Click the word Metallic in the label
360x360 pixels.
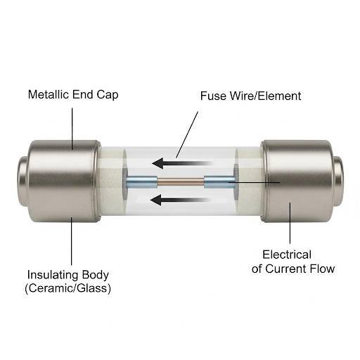point(49,94)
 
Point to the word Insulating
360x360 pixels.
point(51,275)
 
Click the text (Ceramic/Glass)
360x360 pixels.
point(67,288)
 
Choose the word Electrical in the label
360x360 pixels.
point(287,255)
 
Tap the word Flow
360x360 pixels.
point(322,269)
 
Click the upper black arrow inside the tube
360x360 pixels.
point(183,163)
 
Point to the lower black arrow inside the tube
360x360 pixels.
point(180,200)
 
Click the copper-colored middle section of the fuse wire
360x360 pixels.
point(181,182)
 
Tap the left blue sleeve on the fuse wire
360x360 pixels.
point(141,182)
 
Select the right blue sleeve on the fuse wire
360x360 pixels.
point(219,182)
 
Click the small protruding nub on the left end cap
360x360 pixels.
point(22,181)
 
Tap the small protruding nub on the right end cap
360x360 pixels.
point(338,181)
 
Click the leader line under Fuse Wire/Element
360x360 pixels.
point(187,135)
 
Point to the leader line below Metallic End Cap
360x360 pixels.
point(72,129)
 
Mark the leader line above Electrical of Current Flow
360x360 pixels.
point(290,223)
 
